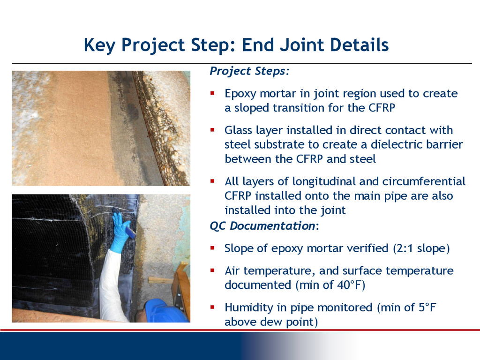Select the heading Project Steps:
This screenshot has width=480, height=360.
(249, 71)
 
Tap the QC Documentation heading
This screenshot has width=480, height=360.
(264, 226)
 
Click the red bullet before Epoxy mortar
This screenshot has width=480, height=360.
(212, 93)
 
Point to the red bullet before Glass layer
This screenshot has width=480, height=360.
(212, 130)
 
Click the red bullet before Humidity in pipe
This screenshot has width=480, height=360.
(212, 307)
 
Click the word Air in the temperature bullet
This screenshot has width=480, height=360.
(232, 270)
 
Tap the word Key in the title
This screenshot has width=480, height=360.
(100, 45)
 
